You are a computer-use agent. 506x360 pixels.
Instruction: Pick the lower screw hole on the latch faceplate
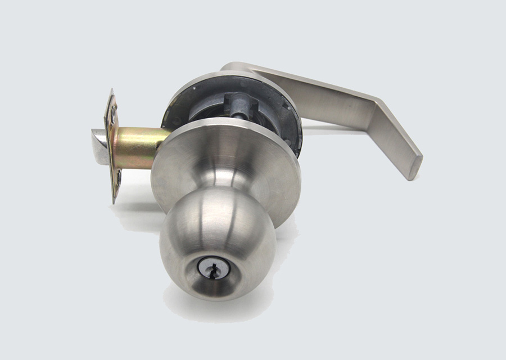point(119,178)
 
